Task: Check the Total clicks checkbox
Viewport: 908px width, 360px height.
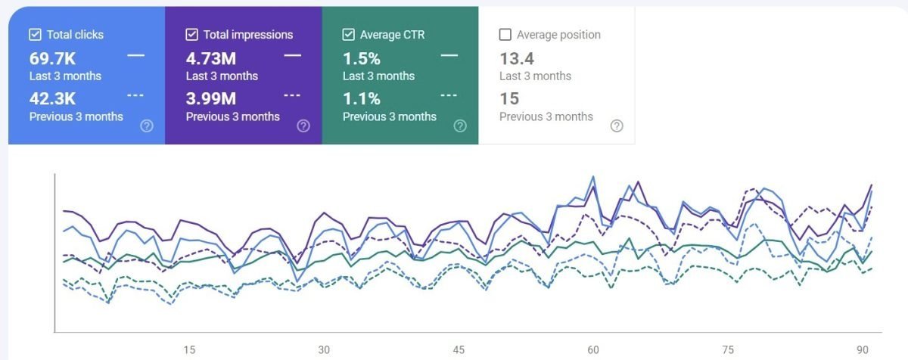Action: pos(35,35)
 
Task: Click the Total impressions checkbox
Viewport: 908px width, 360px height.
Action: pos(191,35)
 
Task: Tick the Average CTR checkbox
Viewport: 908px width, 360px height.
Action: pos(348,35)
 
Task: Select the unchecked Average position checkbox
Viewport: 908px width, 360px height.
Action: pos(505,35)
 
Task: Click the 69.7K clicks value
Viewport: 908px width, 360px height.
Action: pos(53,58)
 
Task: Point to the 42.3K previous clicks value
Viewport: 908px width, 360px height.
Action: pos(53,99)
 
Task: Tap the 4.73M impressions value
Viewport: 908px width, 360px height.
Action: pos(211,58)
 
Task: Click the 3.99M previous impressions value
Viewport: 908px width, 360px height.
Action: pos(211,99)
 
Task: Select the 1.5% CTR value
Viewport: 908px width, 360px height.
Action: pos(361,58)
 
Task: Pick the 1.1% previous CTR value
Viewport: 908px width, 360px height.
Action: pos(361,99)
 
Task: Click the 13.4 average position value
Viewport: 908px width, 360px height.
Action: pos(517,58)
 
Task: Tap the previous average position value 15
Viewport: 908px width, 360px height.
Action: pos(509,99)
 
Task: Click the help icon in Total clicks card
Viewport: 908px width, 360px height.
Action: pos(147,126)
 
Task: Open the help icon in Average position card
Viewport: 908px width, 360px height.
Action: pos(617,126)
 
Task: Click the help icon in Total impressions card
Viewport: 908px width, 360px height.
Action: pos(303,126)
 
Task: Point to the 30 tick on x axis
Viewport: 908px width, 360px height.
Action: pos(324,350)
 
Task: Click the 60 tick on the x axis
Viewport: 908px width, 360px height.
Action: pos(593,350)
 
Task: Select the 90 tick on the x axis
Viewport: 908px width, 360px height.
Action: pos(862,350)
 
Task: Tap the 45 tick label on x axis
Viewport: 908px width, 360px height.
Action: pos(459,350)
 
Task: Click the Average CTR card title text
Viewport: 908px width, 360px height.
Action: pos(391,35)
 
